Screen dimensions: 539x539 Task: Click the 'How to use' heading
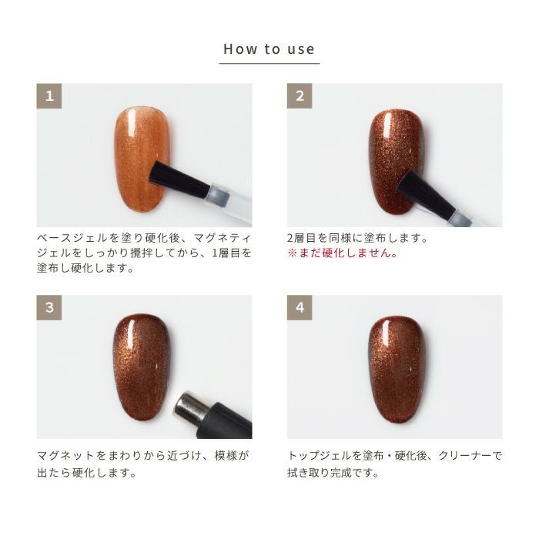coord(269,49)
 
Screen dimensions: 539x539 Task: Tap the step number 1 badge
coord(49,97)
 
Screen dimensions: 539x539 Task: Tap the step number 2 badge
coord(300,97)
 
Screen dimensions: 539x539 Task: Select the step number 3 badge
coord(49,308)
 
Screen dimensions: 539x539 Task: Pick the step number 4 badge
coord(300,308)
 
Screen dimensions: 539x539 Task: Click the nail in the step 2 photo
coord(394,162)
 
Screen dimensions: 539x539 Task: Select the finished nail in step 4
coord(395,368)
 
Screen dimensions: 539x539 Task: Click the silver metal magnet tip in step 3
coord(188,407)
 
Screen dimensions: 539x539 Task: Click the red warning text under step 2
coord(342,253)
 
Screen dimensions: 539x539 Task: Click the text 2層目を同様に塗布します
coord(357,238)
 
